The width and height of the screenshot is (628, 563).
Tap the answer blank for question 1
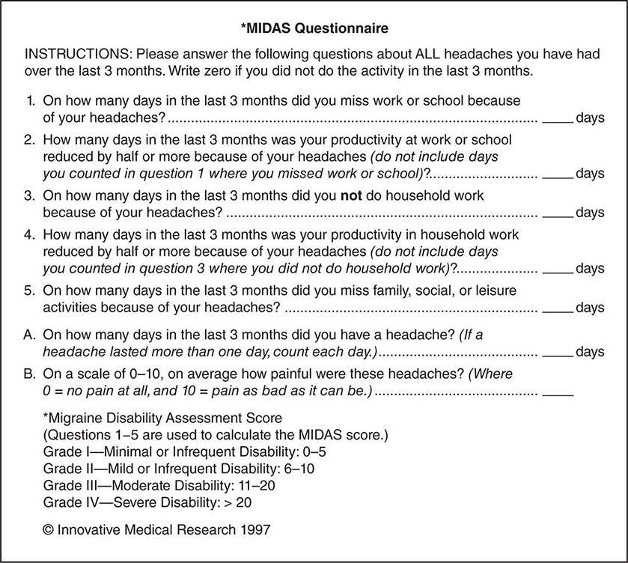(557, 118)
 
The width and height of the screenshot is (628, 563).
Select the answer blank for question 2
(557, 174)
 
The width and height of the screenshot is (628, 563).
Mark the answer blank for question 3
(557, 212)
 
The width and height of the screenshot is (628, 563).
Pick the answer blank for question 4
(557, 268)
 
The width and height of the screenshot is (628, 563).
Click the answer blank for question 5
(557, 307)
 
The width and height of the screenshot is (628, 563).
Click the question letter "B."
(31, 374)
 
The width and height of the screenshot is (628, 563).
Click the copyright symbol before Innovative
(49, 529)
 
